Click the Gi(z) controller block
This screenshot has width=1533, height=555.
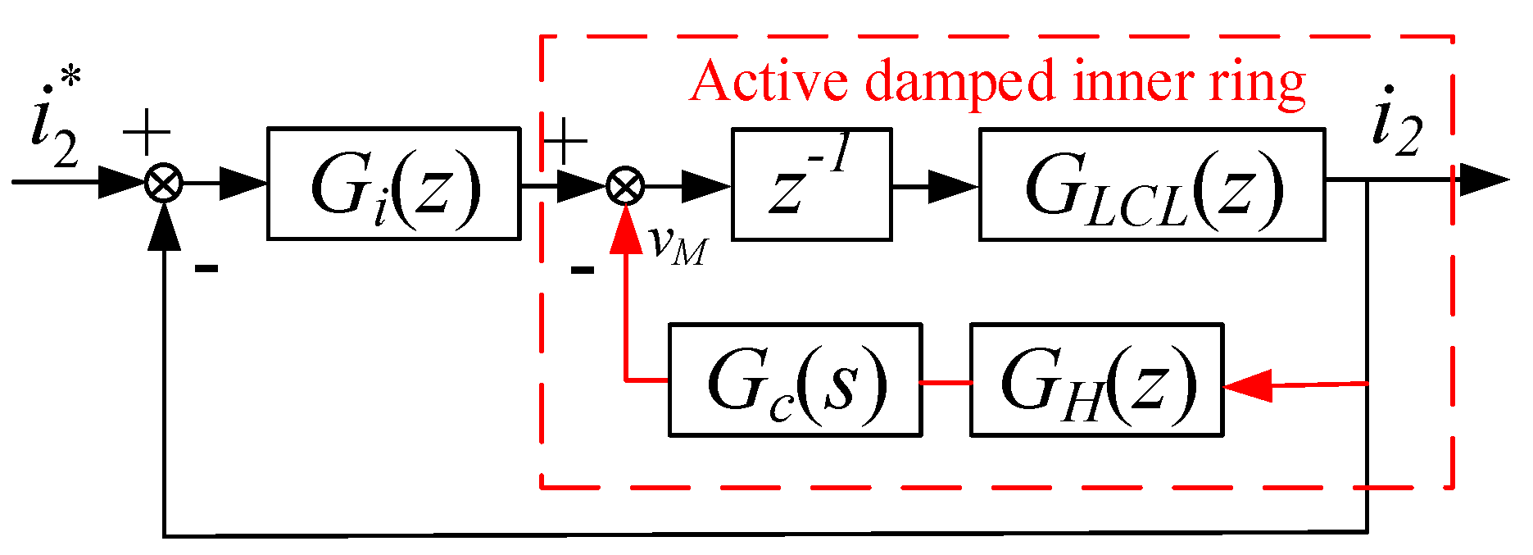coord(393,184)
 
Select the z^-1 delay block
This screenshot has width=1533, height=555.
coord(811,184)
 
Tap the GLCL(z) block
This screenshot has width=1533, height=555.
coord(1151,184)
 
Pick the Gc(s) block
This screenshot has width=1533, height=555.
coord(795,380)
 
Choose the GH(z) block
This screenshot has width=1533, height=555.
coord(1096,380)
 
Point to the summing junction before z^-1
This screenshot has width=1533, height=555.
coord(625,185)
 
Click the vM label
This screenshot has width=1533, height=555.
coord(677,244)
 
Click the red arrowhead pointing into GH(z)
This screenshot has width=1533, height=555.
coord(1247,385)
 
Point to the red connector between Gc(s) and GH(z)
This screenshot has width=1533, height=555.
coord(946,382)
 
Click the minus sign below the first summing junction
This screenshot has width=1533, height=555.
coord(206,268)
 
